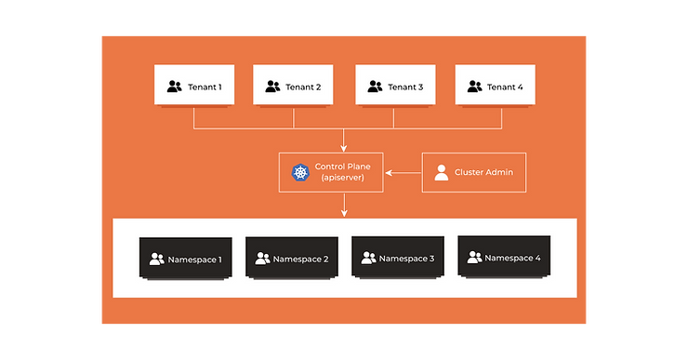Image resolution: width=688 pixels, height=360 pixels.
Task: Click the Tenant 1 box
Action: [194, 85]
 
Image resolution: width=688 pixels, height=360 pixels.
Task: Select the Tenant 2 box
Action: [293, 85]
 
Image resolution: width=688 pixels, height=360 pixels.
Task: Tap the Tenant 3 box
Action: [395, 85]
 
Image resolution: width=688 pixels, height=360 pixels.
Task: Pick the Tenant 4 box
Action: [495, 85]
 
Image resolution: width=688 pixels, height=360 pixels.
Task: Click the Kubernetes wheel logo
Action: [300, 172]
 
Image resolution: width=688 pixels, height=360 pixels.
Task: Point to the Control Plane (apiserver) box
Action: [331, 172]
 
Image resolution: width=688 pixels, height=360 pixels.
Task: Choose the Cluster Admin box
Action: [474, 172]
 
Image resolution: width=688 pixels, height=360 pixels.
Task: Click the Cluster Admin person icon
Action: [442, 172]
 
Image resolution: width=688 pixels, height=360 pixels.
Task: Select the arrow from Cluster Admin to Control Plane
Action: [403, 172]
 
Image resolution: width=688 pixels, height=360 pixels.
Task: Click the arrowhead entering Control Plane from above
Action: [344, 149]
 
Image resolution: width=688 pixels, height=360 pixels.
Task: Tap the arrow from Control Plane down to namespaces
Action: [344, 205]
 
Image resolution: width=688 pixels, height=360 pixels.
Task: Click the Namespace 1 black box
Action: [186, 258]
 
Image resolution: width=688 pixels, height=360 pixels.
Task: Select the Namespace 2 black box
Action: [292, 258]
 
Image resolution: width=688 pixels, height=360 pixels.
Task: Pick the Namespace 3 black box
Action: [398, 257]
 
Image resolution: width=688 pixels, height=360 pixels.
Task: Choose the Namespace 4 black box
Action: [504, 257]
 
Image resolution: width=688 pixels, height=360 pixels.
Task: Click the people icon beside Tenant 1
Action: [174, 87]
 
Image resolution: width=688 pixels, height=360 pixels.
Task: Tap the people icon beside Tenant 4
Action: [474, 87]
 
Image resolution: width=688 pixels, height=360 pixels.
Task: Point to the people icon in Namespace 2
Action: [262, 259]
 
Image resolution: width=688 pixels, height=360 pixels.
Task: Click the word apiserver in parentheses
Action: [343, 178]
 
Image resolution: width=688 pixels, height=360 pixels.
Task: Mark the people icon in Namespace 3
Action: [368, 258]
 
